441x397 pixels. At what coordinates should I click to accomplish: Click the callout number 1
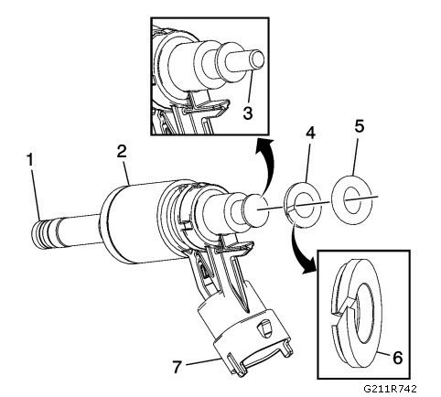click(x=30, y=161)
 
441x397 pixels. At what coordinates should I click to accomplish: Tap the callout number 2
click(x=122, y=151)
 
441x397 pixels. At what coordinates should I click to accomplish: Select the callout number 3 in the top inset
click(x=248, y=113)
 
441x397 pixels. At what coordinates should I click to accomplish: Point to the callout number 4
click(x=310, y=134)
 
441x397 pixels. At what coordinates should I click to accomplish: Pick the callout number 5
click(x=360, y=125)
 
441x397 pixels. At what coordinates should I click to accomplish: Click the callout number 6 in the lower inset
click(x=397, y=358)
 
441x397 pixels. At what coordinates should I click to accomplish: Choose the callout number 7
click(x=177, y=366)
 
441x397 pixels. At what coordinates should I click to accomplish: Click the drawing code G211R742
click(x=390, y=389)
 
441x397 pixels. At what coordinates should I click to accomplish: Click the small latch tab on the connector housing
click(x=263, y=328)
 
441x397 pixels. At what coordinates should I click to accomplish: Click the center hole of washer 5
click(x=351, y=200)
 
